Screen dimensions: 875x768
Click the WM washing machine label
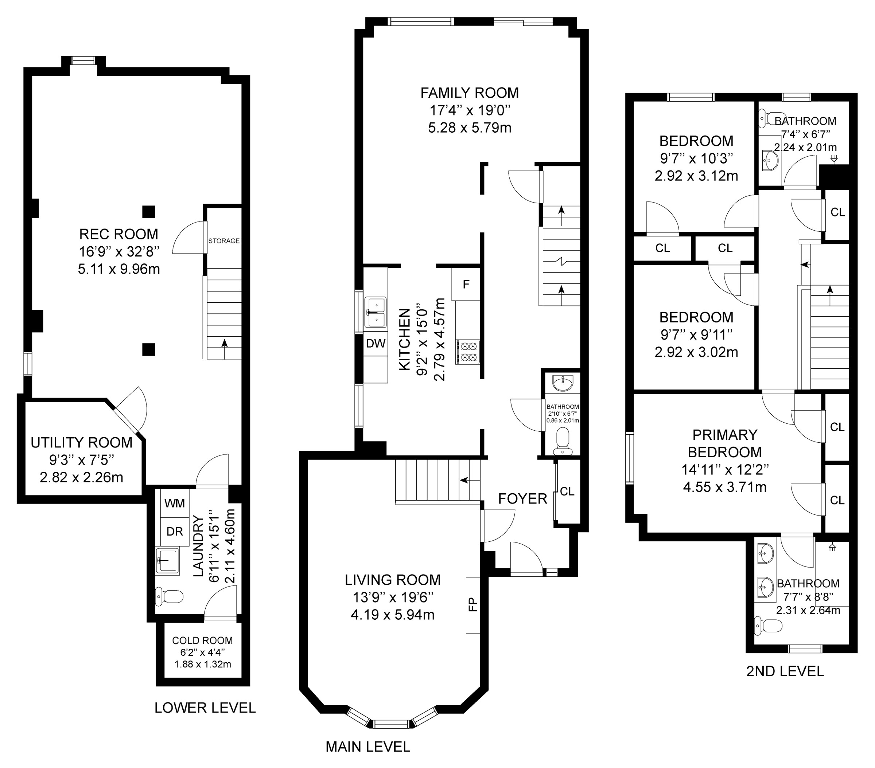coord(175,503)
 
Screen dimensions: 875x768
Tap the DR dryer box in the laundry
coord(175,532)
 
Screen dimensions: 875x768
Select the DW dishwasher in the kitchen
coord(376,343)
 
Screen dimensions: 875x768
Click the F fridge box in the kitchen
coord(466,284)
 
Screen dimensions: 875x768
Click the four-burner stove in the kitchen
coord(467,352)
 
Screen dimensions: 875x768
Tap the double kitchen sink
coord(375,312)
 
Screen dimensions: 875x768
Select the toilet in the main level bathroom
coord(563,442)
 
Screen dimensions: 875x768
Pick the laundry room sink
coord(167,560)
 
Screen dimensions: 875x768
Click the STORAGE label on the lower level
coord(224,241)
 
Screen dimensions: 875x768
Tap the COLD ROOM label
coord(202,640)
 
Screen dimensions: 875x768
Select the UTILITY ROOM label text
coord(81,442)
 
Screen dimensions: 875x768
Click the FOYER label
coord(523,498)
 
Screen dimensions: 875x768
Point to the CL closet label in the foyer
coord(567,491)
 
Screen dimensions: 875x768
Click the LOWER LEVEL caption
coord(205,708)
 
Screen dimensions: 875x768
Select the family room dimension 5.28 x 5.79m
coord(470,128)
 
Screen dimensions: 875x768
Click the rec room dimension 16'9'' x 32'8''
coord(119,252)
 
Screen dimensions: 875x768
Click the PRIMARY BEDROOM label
coord(725,443)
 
